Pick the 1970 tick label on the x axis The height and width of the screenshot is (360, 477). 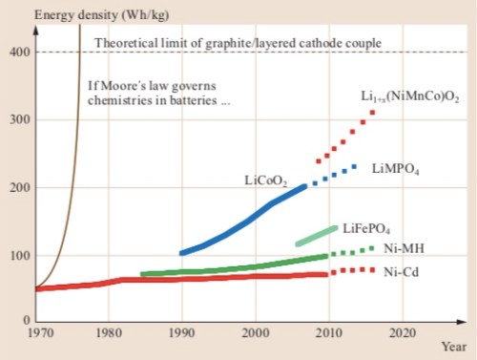(37, 334)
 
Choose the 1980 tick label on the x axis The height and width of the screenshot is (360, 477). (110, 334)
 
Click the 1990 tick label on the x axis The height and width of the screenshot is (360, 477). (181, 334)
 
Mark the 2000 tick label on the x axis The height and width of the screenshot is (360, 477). (254, 334)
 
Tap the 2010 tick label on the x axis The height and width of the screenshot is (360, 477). (326, 334)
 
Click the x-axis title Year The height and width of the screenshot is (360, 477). (454, 348)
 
